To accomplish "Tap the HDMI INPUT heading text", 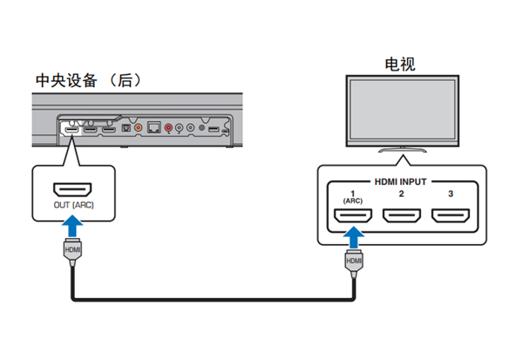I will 401,181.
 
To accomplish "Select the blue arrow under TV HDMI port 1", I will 353,238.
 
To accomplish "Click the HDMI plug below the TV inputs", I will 353,262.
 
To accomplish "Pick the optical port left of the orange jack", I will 124,128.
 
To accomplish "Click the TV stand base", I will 400,150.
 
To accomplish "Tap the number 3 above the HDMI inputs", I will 449,194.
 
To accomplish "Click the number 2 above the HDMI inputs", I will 401,194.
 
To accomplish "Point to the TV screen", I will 400,107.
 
